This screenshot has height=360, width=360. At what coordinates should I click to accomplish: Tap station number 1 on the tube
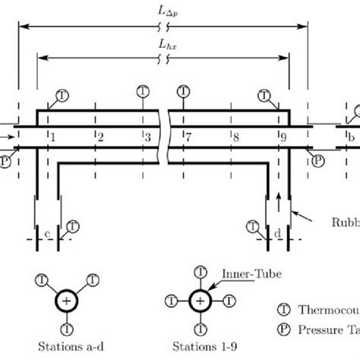(52, 137)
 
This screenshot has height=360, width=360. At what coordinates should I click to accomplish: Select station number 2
(99, 137)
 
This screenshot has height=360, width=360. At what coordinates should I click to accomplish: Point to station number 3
(147, 137)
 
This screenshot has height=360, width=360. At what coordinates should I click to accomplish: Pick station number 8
(235, 137)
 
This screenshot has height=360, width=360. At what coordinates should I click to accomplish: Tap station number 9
(283, 137)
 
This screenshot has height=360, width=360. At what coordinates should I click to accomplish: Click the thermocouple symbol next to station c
(73, 226)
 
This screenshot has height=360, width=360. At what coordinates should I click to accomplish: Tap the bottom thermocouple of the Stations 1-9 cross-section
(200, 330)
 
